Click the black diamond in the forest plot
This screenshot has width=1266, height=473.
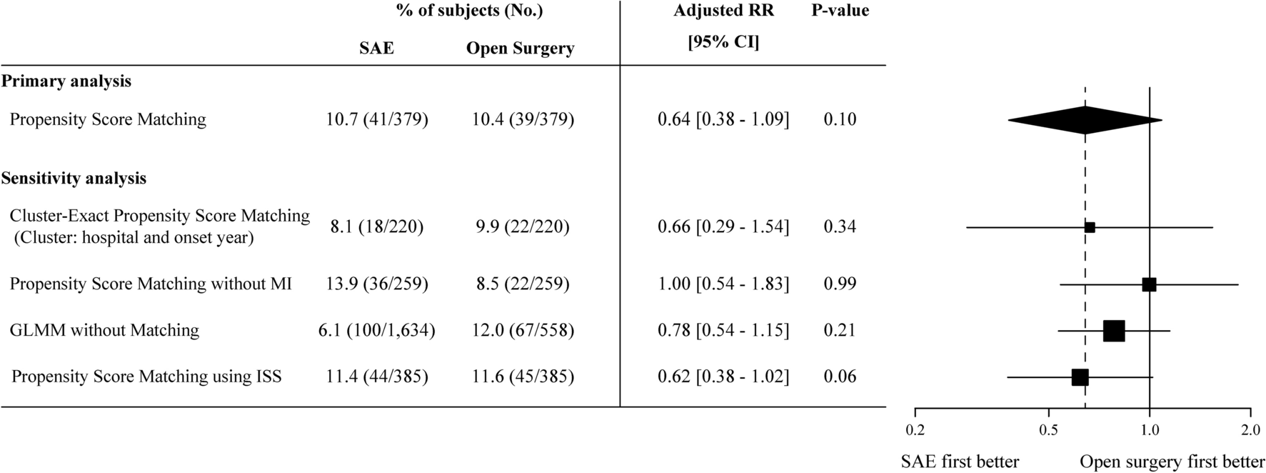click(1085, 120)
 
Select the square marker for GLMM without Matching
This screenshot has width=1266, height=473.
click(1114, 331)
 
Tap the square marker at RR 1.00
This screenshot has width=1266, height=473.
click(1149, 284)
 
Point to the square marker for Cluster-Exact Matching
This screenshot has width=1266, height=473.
click(1090, 227)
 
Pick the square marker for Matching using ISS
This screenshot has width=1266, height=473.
click(1080, 377)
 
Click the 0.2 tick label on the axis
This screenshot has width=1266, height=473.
click(915, 431)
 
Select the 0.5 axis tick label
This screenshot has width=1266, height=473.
click(1048, 431)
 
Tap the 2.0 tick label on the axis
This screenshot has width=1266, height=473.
click(1250, 431)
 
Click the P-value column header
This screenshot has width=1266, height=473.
click(840, 11)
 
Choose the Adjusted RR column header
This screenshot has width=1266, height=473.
click(723, 11)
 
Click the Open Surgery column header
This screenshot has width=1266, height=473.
click(520, 49)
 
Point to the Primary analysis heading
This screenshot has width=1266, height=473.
click(66, 81)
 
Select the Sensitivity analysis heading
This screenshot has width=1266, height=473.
click(74, 179)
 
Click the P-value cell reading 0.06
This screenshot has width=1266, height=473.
click(840, 377)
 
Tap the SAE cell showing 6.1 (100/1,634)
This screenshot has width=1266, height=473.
click(377, 330)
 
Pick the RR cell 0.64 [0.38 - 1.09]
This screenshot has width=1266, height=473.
click(723, 119)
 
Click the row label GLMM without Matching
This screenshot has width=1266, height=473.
click(104, 330)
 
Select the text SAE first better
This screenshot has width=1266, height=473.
click(960, 462)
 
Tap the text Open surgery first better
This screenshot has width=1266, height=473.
click(1172, 462)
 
